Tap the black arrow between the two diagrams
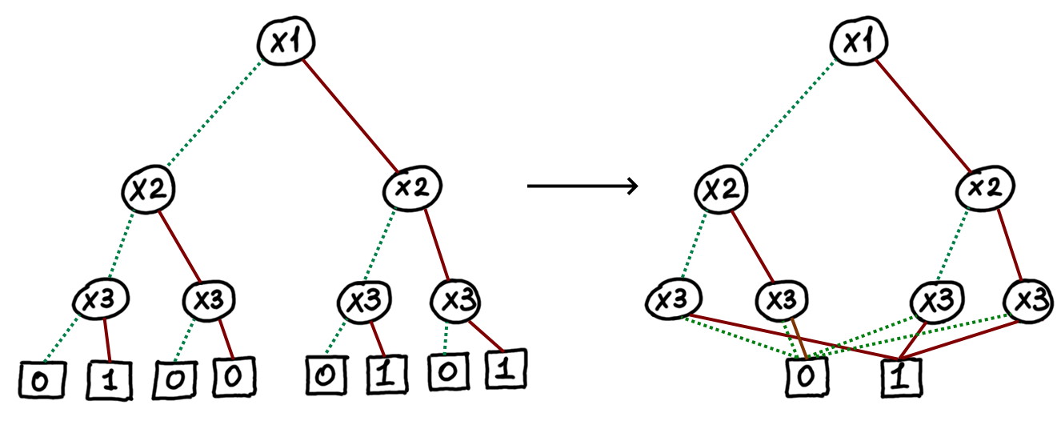coord(583,186)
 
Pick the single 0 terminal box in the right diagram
coord(808,375)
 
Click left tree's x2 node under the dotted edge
coord(150,190)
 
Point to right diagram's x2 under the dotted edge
coord(722,190)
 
